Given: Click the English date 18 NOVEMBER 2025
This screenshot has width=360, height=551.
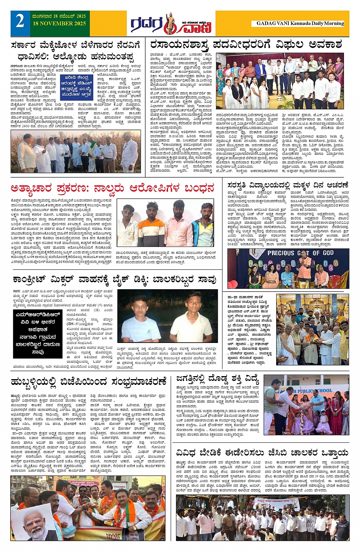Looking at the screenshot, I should pyautogui.click(x=59, y=24).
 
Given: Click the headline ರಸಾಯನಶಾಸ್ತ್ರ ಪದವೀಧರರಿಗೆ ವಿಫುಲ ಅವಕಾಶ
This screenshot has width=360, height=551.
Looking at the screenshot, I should pyautogui.click(x=246, y=45).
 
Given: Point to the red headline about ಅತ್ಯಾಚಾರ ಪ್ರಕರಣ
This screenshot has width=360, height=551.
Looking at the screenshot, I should pyautogui.click(x=112, y=188).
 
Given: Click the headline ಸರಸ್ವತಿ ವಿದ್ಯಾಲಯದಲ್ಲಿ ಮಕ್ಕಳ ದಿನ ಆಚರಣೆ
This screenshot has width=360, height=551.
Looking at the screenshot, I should pyautogui.click(x=288, y=185).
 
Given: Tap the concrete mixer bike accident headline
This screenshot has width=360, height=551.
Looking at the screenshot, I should pyautogui.click(x=114, y=280).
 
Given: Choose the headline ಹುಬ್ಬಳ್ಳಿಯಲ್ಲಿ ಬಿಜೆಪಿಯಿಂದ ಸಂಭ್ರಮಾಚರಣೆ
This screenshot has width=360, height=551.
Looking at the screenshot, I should pyautogui.click(x=88, y=381).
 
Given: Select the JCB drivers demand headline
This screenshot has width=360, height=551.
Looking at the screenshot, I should pyautogui.click(x=262, y=453).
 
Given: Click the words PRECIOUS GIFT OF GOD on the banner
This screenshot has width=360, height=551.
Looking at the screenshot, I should pyautogui.click(x=300, y=253).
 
